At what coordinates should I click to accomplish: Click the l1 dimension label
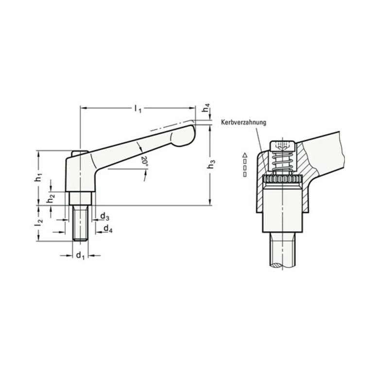tap(138, 109)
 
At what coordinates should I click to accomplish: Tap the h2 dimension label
tap(51, 198)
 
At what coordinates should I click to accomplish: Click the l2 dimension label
tap(38, 223)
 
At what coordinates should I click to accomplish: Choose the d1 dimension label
tap(80, 256)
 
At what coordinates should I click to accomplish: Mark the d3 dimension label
tap(105, 217)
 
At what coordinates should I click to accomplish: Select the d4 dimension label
tap(108, 229)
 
